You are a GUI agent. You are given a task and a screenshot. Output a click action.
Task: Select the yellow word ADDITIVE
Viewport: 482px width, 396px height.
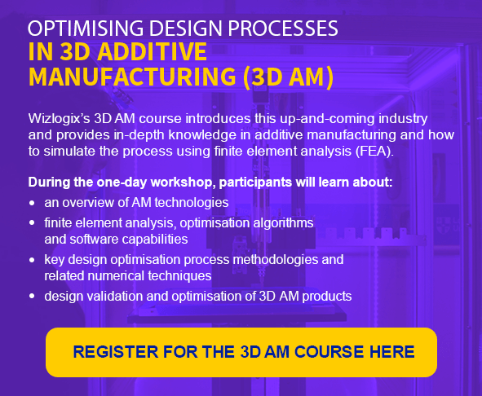coord(153,51)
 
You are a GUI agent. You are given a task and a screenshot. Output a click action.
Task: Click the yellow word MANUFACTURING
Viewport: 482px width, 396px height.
coord(132,77)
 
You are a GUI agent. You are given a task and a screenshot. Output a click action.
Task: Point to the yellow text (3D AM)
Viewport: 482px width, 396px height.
coord(288,77)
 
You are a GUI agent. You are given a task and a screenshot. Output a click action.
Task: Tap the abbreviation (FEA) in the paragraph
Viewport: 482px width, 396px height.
coord(374,152)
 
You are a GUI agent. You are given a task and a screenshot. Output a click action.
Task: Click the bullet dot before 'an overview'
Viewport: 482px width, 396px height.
coord(32,203)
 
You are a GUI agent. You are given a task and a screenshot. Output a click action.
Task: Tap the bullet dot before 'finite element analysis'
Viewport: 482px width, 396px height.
coord(32,223)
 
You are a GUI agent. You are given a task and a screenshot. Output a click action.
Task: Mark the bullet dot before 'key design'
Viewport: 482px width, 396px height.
coord(32,260)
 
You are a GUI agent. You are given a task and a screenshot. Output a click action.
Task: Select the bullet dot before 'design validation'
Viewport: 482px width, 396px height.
coord(32,297)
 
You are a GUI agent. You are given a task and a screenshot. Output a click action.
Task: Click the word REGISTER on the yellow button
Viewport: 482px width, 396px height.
coord(115,352)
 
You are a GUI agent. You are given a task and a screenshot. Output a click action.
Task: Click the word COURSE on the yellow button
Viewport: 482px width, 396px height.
coord(329,352)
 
